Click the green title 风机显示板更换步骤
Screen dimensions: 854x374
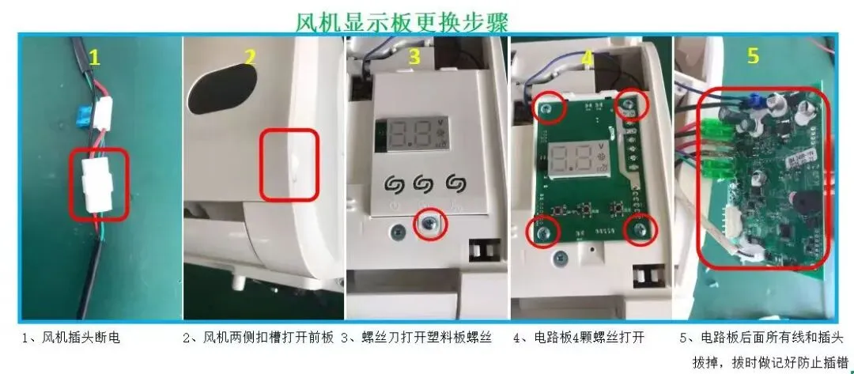click(x=402, y=22)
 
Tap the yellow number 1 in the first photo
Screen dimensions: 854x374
click(x=95, y=57)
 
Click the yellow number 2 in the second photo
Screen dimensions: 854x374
click(x=249, y=57)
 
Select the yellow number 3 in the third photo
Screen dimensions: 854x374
click(x=414, y=56)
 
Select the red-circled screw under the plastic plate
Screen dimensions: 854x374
click(x=430, y=224)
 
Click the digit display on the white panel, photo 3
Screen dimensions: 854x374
click(x=413, y=134)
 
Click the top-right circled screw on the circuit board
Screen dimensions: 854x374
click(x=628, y=104)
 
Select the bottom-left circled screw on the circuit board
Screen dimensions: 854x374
click(x=542, y=233)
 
